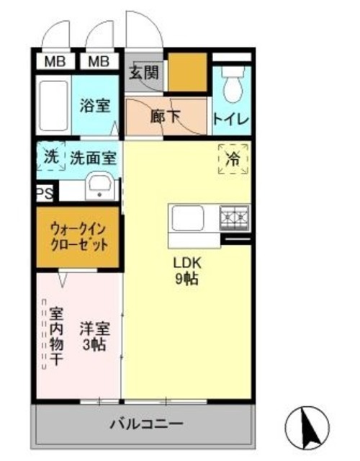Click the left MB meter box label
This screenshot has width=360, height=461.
click(x=55, y=61)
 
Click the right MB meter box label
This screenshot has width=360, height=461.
click(x=99, y=61)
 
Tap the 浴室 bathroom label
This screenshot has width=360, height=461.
click(x=94, y=105)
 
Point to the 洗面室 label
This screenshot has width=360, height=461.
click(x=93, y=157)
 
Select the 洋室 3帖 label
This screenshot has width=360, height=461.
click(x=94, y=336)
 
